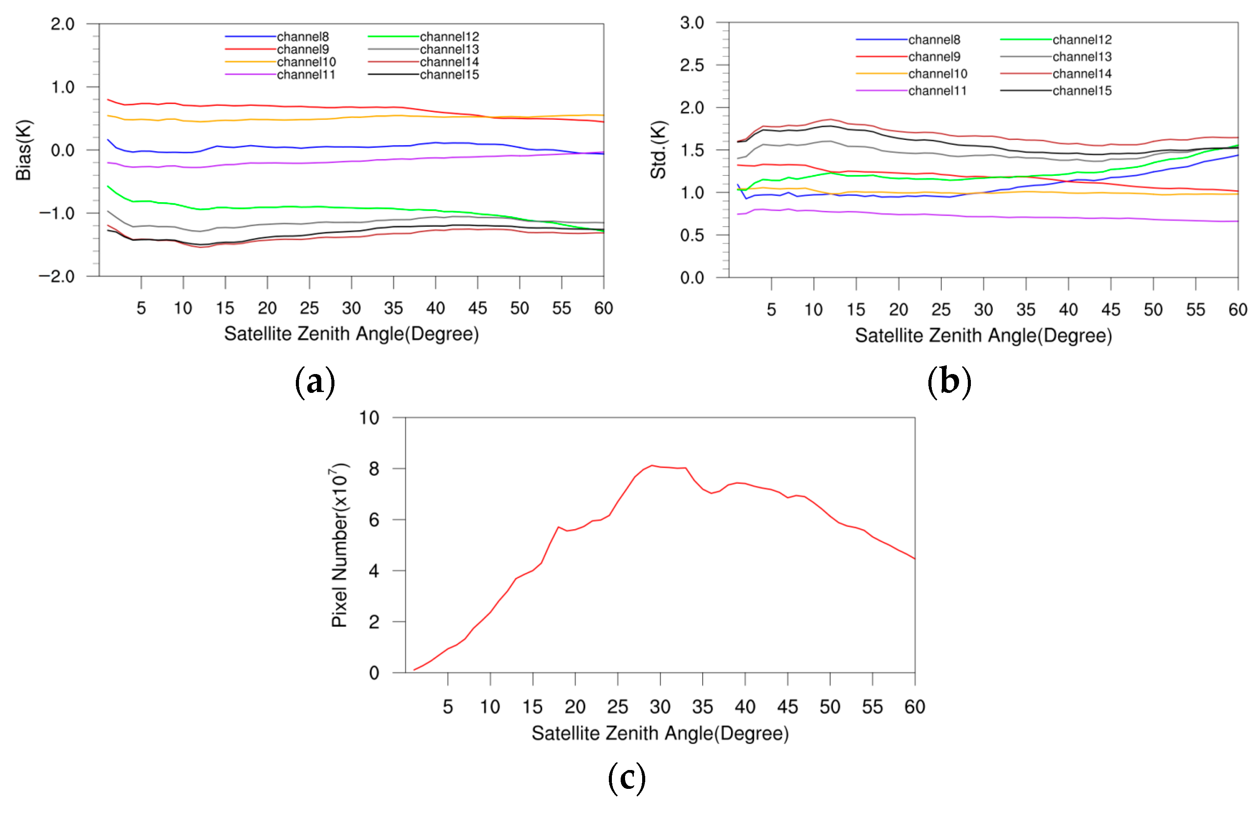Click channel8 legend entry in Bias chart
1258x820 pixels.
(302, 36)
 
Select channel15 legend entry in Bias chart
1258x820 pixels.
(449, 75)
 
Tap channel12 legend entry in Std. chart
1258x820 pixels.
(1081, 39)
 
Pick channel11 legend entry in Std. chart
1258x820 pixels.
(937, 91)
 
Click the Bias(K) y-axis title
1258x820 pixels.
(24, 150)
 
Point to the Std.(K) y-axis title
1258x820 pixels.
(658, 150)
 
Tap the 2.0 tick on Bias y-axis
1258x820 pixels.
(62, 24)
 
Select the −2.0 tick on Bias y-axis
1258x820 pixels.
(57, 276)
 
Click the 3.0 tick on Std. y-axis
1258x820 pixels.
(692, 23)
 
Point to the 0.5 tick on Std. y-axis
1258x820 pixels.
(692, 235)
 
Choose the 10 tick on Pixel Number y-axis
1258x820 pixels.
(369, 417)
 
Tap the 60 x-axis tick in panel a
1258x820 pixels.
(603, 308)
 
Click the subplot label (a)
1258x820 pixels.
(315, 381)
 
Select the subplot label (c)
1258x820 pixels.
(627, 778)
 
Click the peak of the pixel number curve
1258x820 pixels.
(652, 465)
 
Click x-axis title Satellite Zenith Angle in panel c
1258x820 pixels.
(660, 733)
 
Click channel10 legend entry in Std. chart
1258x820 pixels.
(937, 74)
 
